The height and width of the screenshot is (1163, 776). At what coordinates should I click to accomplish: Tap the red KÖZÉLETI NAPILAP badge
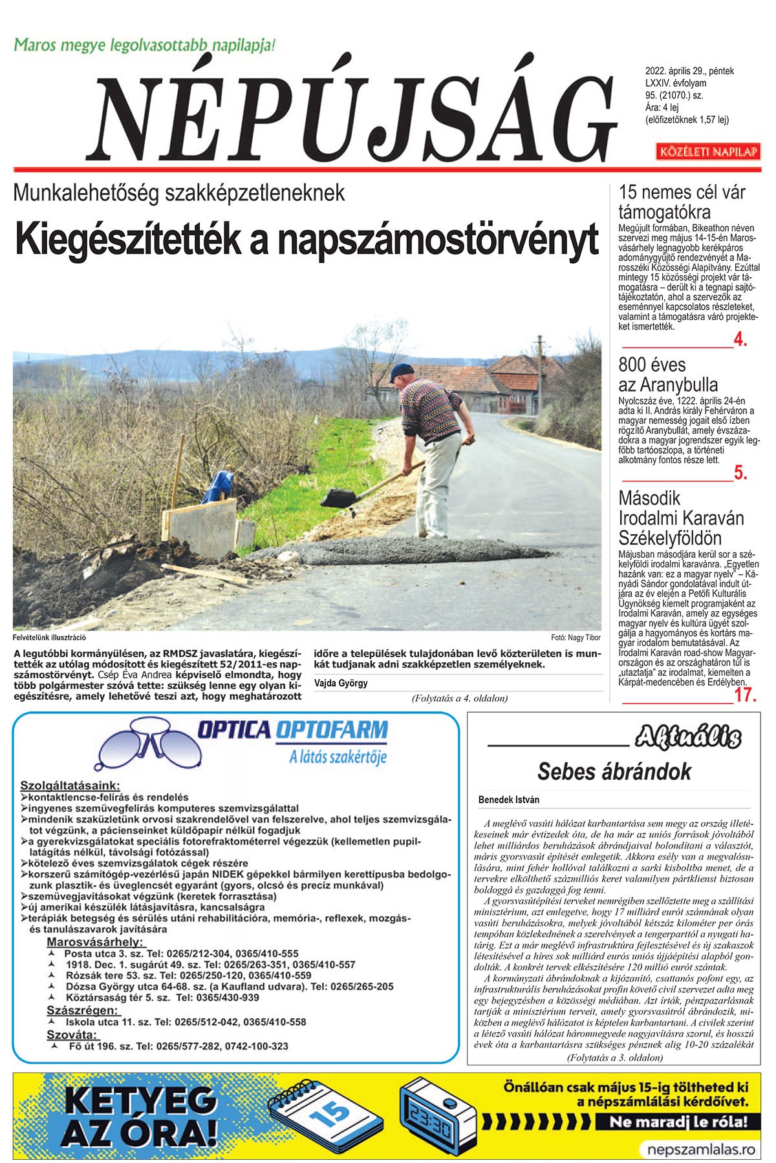[707, 152]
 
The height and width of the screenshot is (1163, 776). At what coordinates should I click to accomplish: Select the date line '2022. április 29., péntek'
[689, 72]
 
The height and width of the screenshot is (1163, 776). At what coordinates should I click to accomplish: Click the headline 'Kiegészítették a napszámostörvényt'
[307, 239]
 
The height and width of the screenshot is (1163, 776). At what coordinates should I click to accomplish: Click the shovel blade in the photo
[337, 498]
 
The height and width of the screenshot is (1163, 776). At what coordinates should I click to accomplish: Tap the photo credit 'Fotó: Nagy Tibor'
[576, 638]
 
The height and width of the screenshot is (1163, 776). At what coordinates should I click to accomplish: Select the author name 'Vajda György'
[341, 683]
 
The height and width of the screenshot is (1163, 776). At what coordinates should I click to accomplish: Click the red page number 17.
[745, 695]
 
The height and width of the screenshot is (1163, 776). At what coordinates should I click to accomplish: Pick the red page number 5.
[740, 474]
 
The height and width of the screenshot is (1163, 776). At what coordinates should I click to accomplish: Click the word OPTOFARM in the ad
[332, 730]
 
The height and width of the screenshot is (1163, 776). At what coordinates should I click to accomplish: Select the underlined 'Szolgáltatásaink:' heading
[70, 786]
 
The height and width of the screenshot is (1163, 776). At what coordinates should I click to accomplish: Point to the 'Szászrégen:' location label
[82, 1010]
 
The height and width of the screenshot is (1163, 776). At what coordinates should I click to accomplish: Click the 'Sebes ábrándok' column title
[614, 771]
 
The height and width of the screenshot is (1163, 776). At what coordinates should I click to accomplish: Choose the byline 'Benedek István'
[508, 800]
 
